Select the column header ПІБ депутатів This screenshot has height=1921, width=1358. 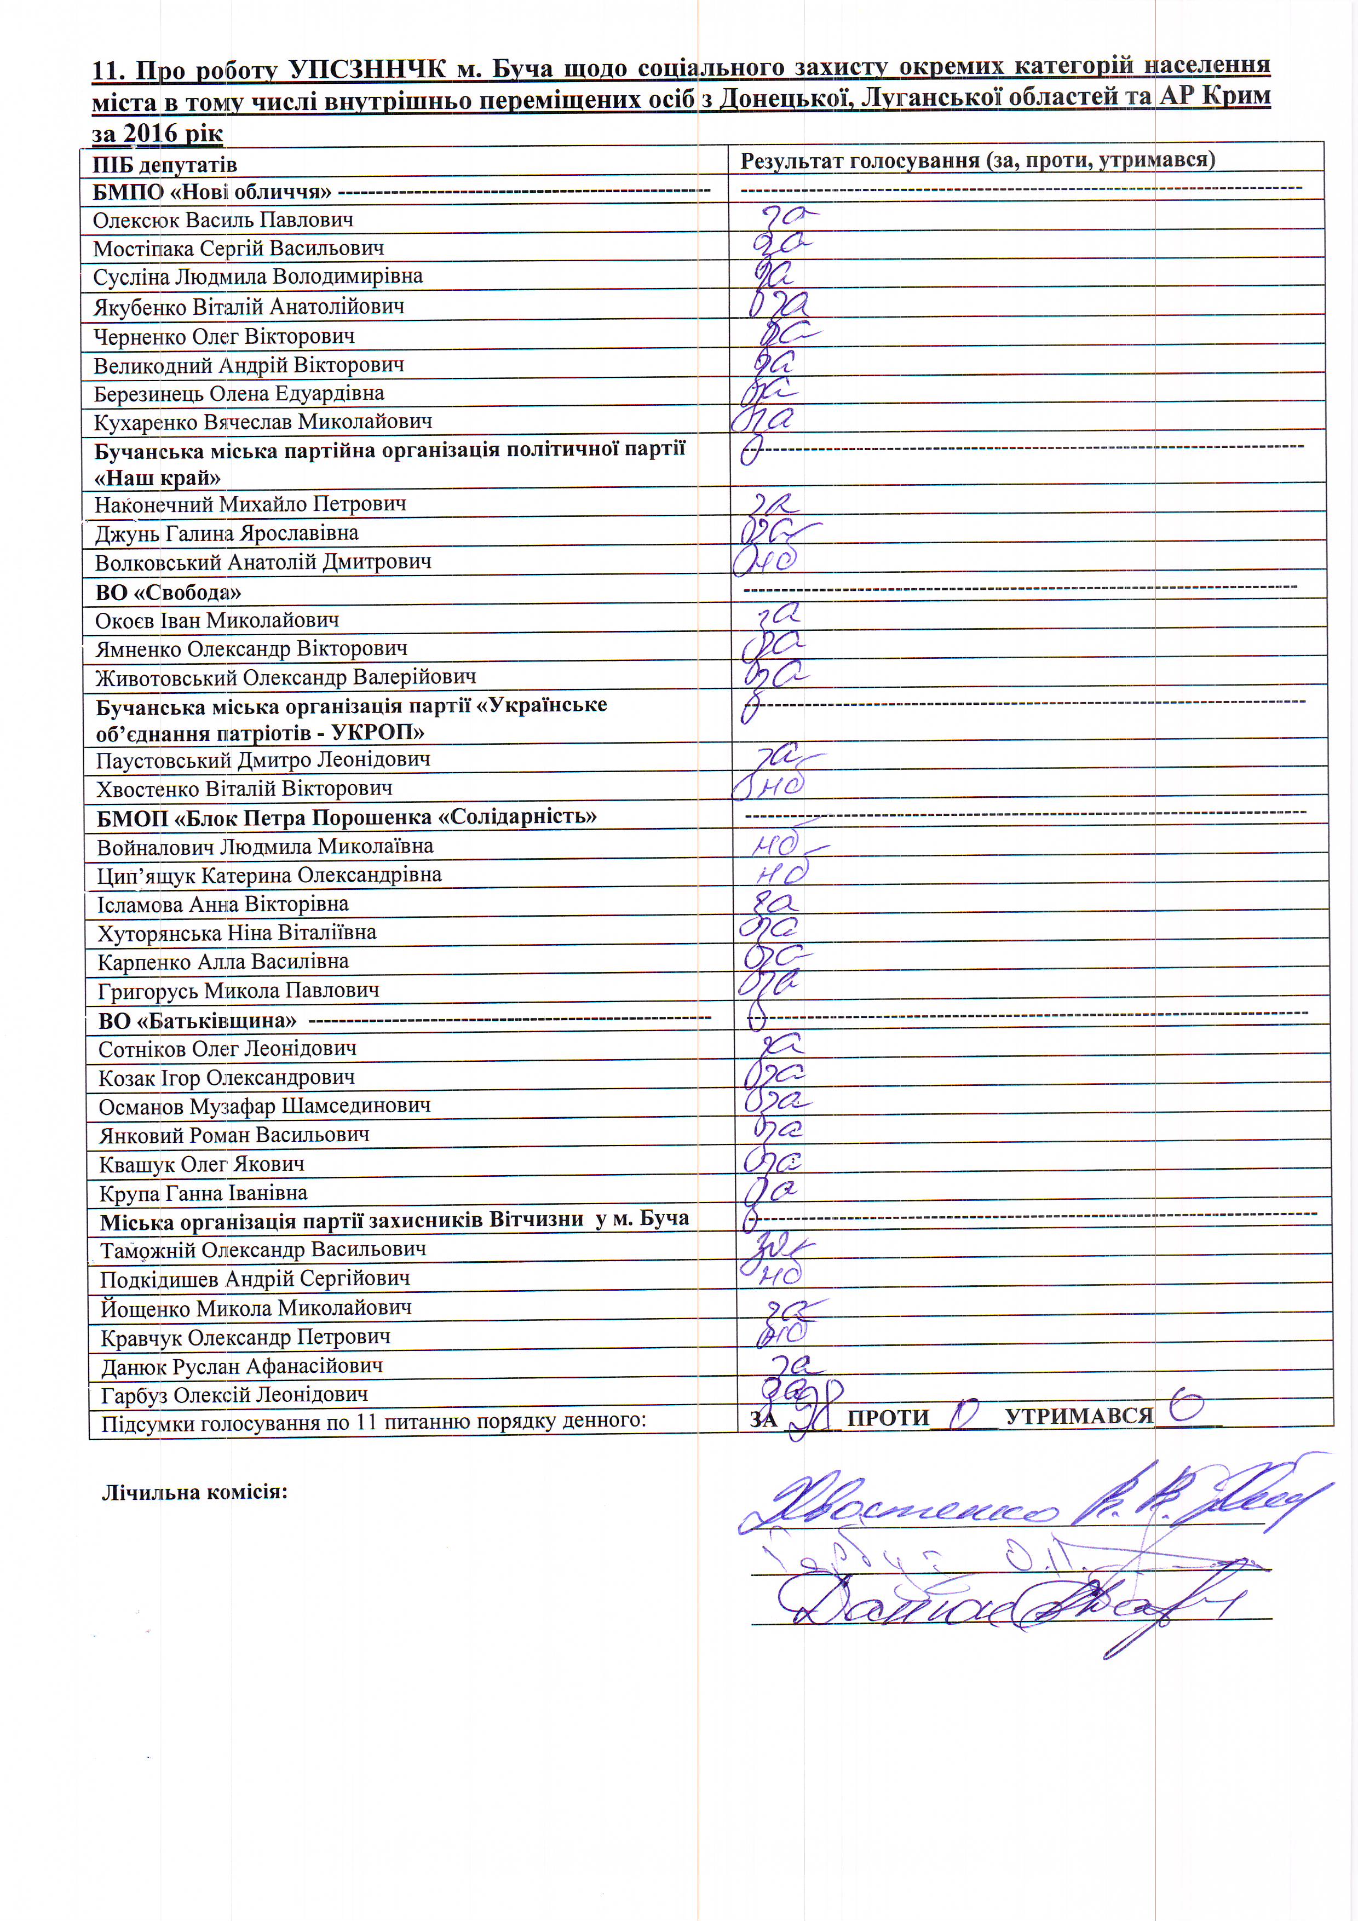pyautogui.click(x=165, y=164)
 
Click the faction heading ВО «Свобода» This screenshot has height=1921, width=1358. pyautogui.click(x=168, y=593)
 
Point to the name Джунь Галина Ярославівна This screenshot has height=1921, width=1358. pyautogui.click(x=226, y=533)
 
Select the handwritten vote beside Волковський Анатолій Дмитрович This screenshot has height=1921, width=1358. pyautogui.click(x=765, y=561)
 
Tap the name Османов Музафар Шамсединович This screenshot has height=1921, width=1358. pyautogui.click(x=264, y=1106)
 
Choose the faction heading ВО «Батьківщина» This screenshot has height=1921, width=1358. pyautogui.click(x=198, y=1021)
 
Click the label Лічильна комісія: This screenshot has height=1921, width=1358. pyautogui.click(x=194, y=1492)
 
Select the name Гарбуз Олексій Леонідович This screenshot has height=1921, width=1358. pyautogui.click(x=234, y=1395)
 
